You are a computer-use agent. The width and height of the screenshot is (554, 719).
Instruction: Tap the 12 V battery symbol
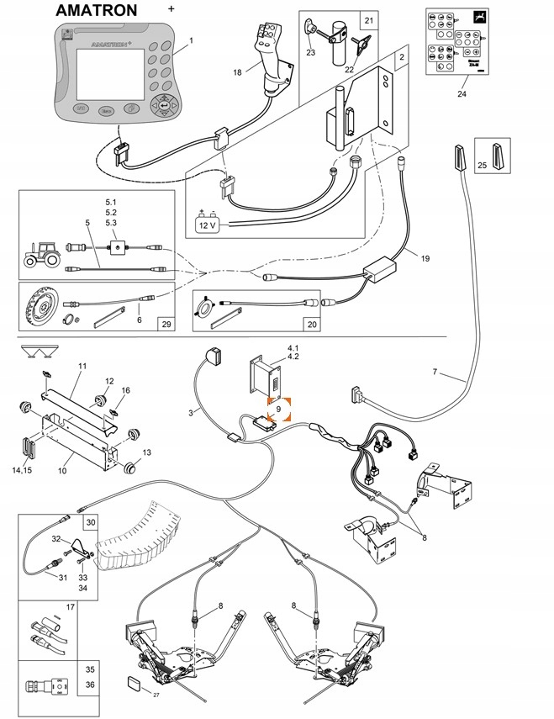tap(207, 223)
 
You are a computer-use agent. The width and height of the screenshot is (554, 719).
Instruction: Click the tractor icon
tap(40, 253)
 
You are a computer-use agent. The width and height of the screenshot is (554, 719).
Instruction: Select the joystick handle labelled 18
tap(272, 59)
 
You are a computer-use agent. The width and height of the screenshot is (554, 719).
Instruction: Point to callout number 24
tap(462, 95)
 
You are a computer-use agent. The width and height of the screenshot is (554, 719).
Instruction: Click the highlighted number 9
tap(277, 409)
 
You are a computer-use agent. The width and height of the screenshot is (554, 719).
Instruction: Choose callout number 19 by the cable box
tap(425, 258)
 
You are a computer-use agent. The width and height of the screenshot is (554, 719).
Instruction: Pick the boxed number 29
tap(165, 324)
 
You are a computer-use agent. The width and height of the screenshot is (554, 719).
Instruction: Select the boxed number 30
tap(90, 522)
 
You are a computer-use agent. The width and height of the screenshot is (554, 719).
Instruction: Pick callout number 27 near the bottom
tap(156, 695)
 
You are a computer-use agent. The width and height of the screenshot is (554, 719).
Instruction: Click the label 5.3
tap(112, 222)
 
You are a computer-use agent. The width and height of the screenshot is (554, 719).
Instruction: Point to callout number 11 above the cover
tap(82, 367)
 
